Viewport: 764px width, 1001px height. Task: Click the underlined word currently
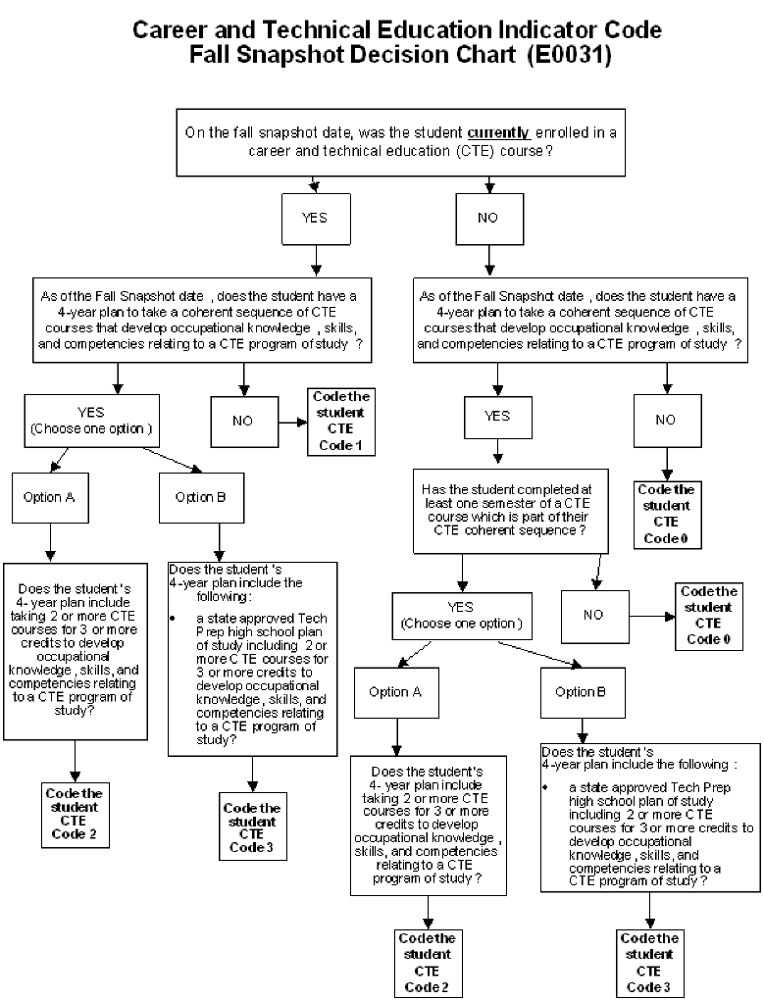500,132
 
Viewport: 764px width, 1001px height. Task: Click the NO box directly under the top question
487,218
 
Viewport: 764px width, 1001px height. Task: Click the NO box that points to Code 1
242,421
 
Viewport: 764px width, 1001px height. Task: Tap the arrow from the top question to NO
487,183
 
